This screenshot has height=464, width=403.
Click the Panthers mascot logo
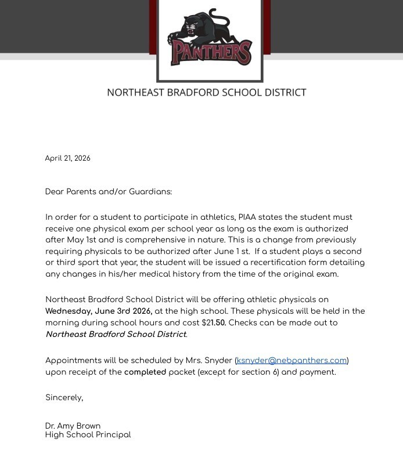pyautogui.click(x=210, y=39)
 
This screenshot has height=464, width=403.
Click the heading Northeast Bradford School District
pyautogui.click(x=206, y=92)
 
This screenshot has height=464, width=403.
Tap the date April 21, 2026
pyautogui.click(x=67, y=158)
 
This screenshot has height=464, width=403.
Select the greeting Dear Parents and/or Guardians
pyautogui.click(x=109, y=191)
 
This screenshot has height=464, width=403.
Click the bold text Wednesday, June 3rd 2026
pyautogui.click(x=99, y=311)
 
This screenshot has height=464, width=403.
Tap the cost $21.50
pyautogui.click(x=214, y=322)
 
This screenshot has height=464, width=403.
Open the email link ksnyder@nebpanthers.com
pyautogui.click(x=292, y=360)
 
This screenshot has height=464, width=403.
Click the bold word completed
pyautogui.click(x=145, y=372)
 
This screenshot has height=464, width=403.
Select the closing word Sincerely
pyautogui.click(x=64, y=397)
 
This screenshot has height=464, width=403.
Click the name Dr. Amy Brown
pyautogui.click(x=73, y=426)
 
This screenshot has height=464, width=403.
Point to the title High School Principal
pyautogui.click(x=88, y=434)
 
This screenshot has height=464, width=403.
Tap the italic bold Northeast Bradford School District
pyautogui.click(x=116, y=334)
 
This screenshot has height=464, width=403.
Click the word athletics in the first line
pyautogui.click(x=216, y=217)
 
